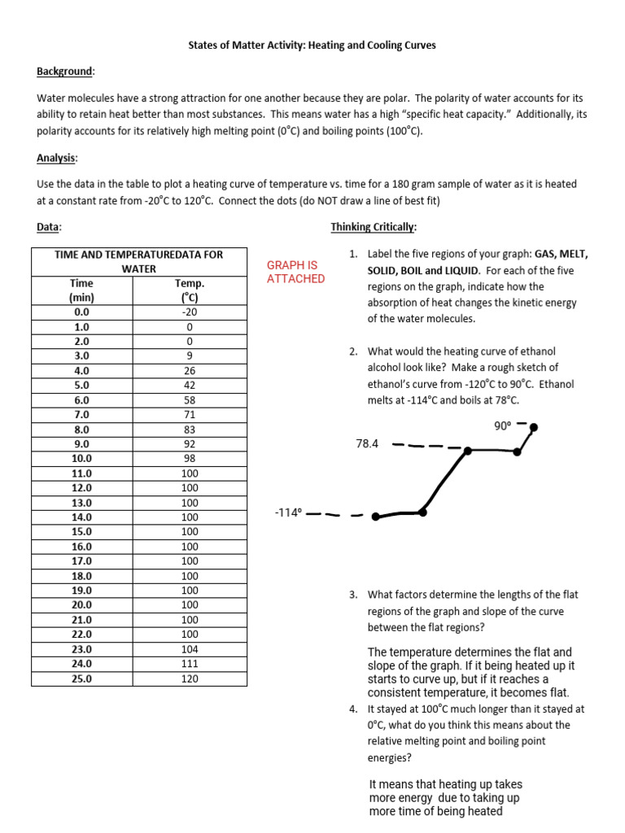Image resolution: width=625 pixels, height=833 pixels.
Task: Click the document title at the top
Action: point(312,46)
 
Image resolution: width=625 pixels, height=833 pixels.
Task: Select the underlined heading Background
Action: point(65,72)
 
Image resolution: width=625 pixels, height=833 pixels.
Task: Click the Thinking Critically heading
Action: point(374,227)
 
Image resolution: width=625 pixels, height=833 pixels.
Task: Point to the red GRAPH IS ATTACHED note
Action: point(295,272)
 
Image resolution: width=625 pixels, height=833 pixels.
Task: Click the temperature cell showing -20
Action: point(190,312)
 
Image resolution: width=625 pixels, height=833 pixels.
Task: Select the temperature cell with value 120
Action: point(190,678)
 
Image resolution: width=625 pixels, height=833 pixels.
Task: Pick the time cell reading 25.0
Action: point(82,678)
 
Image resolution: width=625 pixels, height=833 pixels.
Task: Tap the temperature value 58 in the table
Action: point(190,400)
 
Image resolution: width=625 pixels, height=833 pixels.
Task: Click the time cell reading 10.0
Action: point(82,459)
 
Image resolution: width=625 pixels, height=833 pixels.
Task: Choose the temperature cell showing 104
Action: point(190,649)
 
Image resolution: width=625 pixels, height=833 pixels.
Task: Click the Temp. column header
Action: point(190,283)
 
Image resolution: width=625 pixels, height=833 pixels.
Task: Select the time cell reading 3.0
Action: point(82,355)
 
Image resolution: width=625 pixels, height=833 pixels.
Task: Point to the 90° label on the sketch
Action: point(502,425)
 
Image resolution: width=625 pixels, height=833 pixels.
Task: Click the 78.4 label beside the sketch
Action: point(367,444)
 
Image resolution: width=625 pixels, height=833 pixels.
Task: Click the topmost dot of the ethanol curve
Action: point(533,426)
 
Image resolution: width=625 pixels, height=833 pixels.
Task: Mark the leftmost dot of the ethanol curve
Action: point(375,516)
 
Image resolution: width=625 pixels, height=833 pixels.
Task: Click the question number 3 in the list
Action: point(354,595)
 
